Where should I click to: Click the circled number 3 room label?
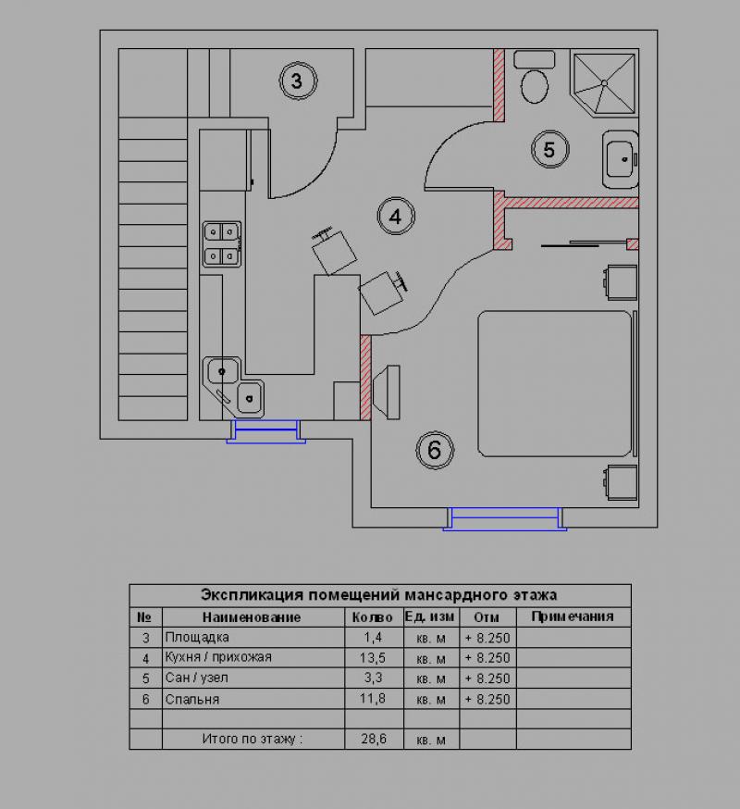298,81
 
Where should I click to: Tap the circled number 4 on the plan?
396,217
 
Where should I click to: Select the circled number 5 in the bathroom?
549,150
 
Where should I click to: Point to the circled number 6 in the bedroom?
434,451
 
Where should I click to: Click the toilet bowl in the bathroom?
535,86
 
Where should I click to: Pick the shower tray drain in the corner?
604,82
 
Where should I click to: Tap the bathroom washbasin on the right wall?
621,159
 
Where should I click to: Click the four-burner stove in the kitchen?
222,244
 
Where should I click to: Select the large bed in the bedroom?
555,383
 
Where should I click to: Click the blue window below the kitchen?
266,431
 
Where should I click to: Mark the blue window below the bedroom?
505,519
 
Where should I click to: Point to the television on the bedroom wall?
387,392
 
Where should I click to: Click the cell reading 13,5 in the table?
373,658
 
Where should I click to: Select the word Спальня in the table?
192,700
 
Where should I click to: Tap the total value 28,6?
374,739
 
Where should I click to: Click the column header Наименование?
251,617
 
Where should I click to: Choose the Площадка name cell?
197,638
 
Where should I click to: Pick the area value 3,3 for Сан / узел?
373,678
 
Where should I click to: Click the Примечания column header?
573,616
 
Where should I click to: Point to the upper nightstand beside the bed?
621,282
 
